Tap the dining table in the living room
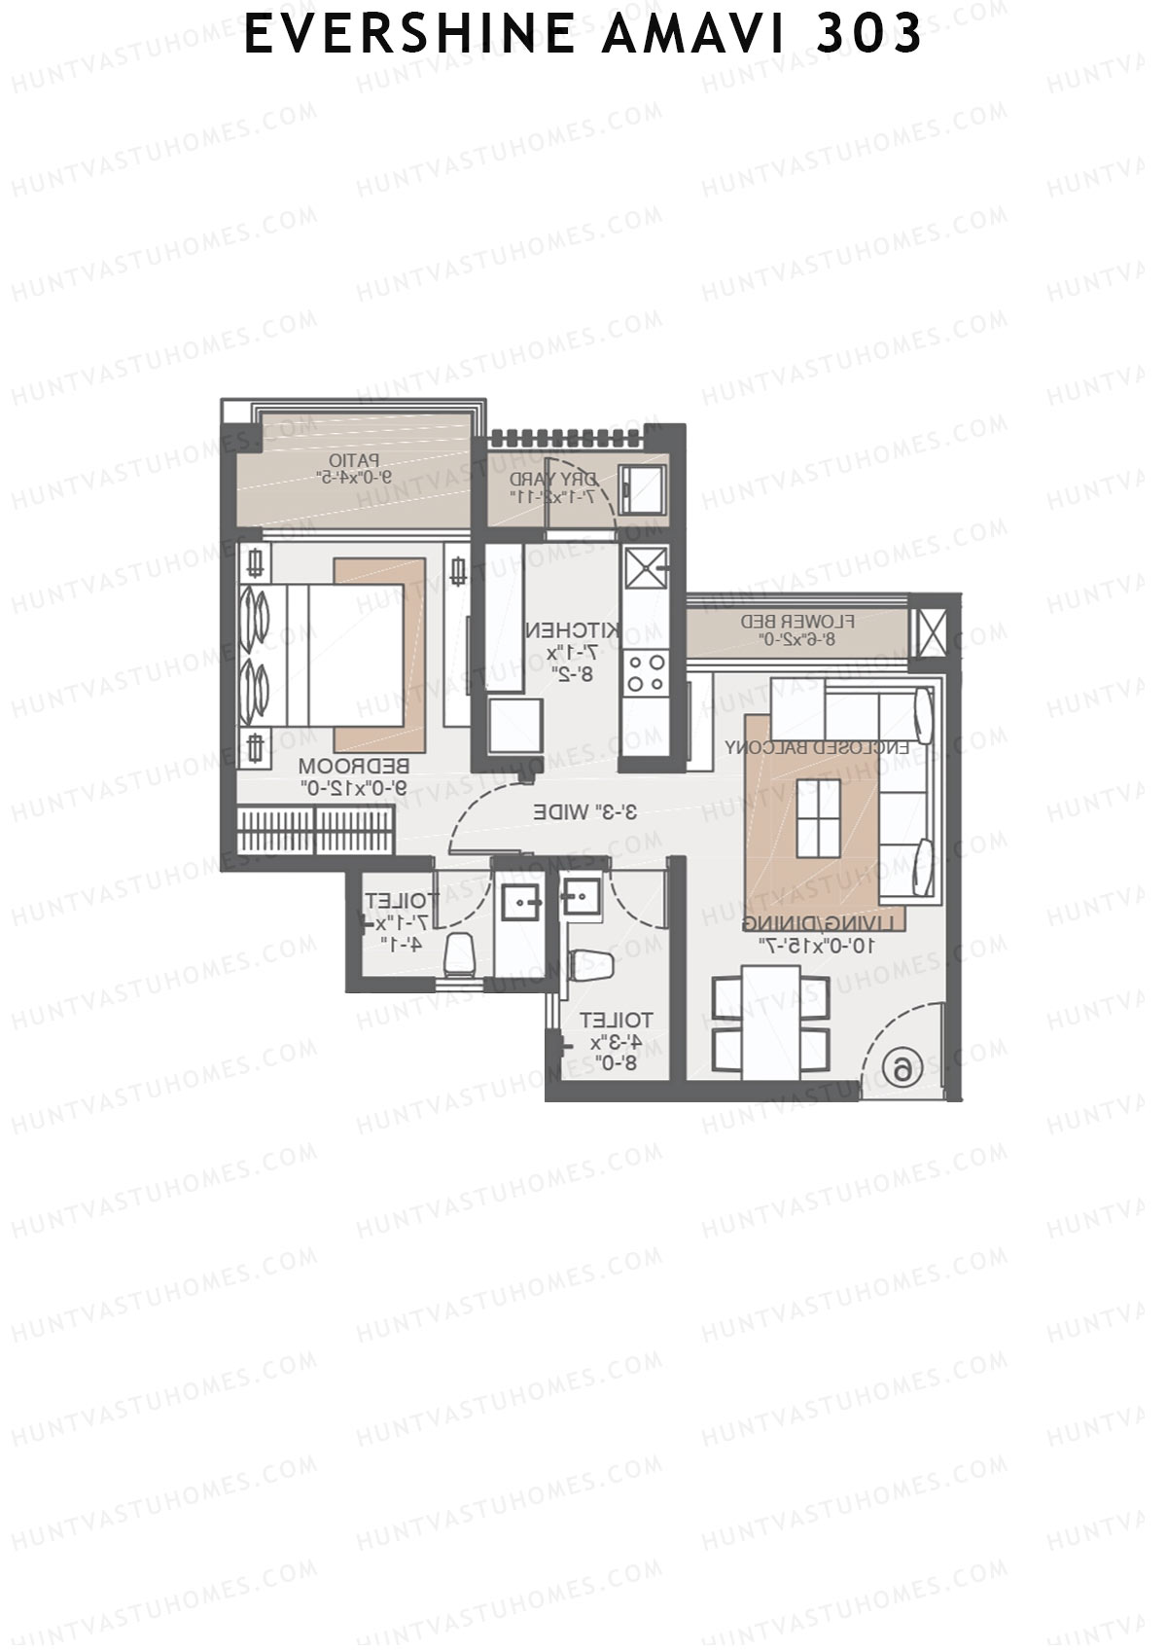(x=771, y=1022)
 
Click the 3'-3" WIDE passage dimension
(x=584, y=810)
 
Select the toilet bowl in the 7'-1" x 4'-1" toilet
(x=458, y=954)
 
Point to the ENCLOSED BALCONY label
(x=817, y=747)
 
